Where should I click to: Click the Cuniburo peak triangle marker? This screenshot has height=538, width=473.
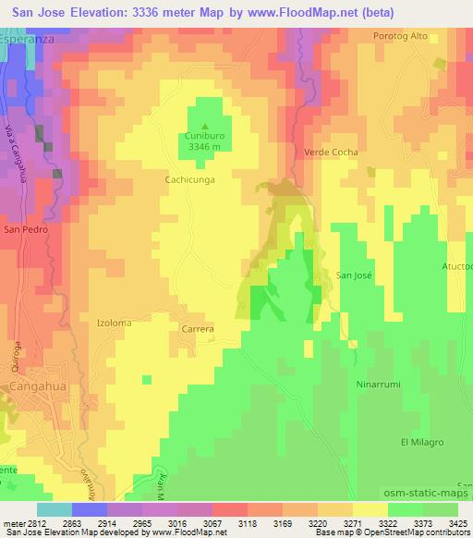coord(205,127)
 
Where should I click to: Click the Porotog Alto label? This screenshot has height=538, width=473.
coord(400,36)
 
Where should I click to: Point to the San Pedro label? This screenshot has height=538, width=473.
coord(25,228)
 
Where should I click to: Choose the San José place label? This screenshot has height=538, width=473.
coord(354,275)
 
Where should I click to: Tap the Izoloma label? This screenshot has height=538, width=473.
coord(115,324)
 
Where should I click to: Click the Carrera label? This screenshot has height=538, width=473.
coord(198,328)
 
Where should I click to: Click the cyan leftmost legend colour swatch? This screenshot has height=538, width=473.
coord(54,508)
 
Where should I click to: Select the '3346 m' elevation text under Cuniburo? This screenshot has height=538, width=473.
coord(205,146)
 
